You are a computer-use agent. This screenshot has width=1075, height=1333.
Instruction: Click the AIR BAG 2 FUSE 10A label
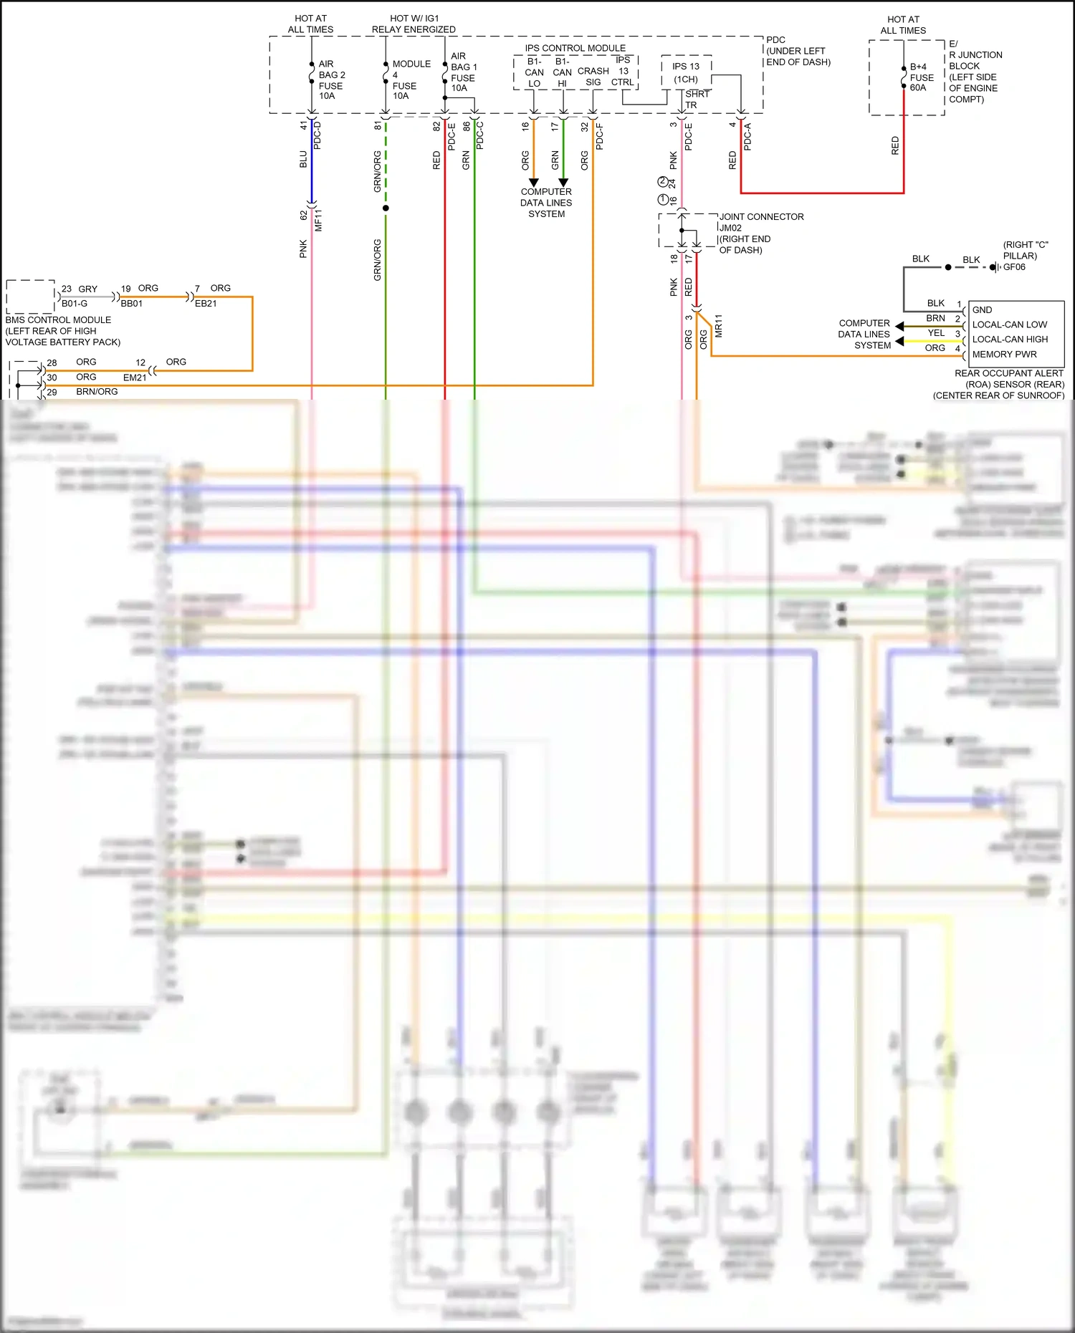pos(331,80)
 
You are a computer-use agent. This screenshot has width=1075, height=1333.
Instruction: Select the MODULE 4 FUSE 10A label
pos(411,80)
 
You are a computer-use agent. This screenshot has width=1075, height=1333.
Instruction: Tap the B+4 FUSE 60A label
pos(922,77)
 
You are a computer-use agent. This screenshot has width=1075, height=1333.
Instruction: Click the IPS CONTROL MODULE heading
pos(575,48)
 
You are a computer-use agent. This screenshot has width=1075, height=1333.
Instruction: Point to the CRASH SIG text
pos(593,77)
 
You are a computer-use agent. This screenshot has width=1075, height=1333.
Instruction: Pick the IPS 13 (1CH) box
pos(686,72)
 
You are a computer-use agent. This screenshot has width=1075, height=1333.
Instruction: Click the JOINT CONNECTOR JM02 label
pos(761,222)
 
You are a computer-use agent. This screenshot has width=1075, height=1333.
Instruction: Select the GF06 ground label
pos(1014,267)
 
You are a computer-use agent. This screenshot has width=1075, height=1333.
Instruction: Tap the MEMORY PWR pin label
pos(1004,355)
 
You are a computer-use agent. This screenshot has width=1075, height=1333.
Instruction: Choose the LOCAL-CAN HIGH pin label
pos(1010,340)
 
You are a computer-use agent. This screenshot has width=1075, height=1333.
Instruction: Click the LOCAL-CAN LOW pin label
pos(1009,324)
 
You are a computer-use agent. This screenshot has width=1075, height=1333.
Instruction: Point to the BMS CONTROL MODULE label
pos(58,320)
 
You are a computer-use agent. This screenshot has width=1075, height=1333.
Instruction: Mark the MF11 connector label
pos(319,220)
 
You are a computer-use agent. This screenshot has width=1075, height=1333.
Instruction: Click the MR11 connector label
pos(719,326)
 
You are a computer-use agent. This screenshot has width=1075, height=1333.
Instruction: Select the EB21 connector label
pos(206,304)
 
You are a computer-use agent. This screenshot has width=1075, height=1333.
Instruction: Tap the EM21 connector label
pos(135,377)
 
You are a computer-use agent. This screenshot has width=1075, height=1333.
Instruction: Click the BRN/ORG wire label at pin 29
pos(97,392)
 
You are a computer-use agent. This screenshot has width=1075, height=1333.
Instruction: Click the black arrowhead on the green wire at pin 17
pos(563,183)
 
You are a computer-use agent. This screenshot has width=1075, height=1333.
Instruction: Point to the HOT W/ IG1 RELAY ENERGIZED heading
pos(414,24)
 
